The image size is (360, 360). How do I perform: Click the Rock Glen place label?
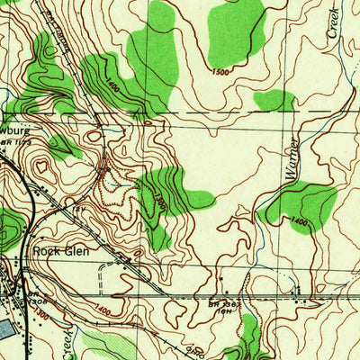61,251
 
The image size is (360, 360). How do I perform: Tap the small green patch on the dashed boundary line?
274,100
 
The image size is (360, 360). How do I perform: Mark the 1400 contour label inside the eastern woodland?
299,220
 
